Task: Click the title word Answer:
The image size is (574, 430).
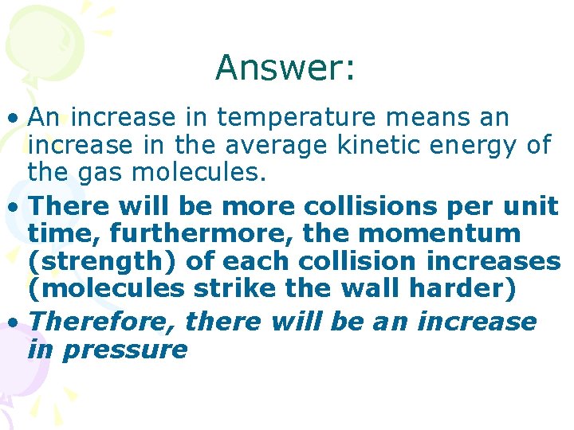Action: pos(285,68)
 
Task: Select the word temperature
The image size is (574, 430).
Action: pos(295,119)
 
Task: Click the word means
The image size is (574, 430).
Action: pos(428,119)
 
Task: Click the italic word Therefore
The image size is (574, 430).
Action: pos(105,322)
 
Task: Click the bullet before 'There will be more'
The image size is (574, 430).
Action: pos(14,207)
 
